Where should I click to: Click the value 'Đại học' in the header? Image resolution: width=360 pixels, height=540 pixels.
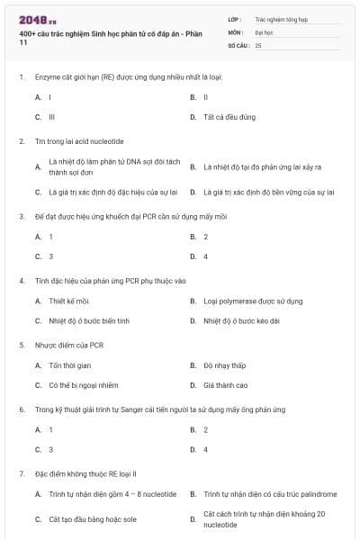pyautogui.click(x=264, y=31)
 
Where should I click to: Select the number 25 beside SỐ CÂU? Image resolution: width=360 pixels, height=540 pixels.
pyautogui.click(x=258, y=44)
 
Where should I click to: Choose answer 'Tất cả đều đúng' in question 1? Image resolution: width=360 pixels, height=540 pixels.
pyautogui.click(x=230, y=117)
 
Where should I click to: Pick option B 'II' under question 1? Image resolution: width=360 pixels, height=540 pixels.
pyautogui.click(x=206, y=96)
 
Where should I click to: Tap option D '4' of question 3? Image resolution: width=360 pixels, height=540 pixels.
pyautogui.click(x=206, y=256)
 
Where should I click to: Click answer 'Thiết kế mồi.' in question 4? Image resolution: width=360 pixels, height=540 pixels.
pyautogui.click(x=69, y=301)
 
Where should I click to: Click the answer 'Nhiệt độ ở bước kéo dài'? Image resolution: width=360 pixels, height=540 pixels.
pyautogui.click(x=243, y=320)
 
